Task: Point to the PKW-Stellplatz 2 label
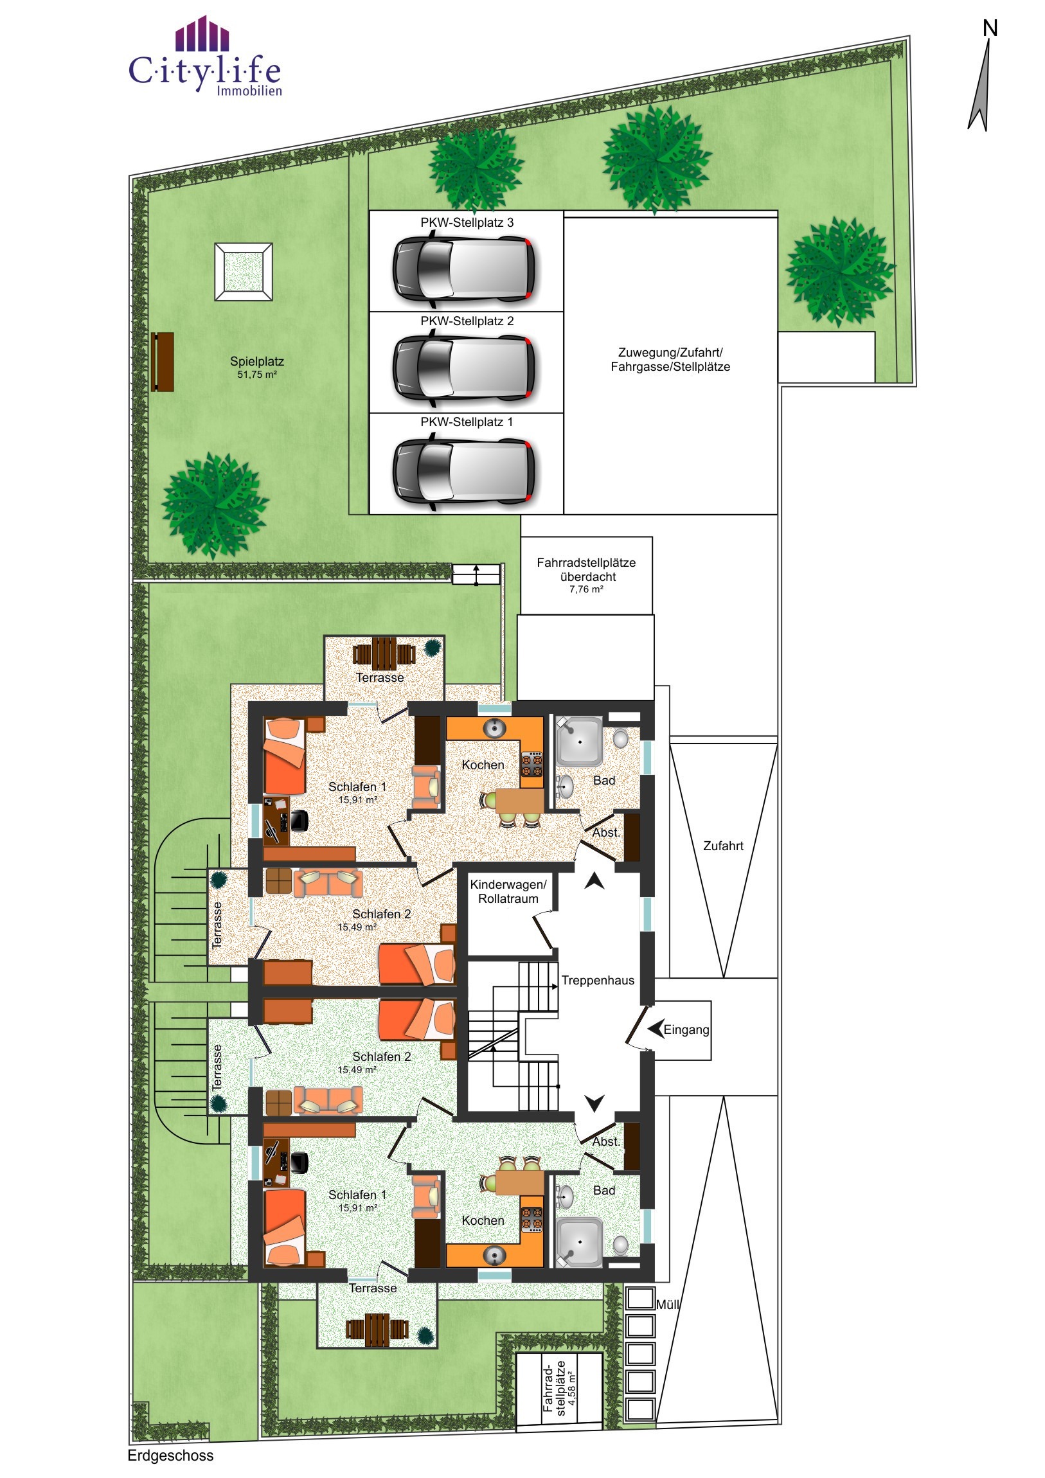pyautogui.click(x=467, y=321)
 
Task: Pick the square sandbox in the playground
pyautogui.click(x=244, y=271)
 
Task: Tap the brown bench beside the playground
pyautogui.click(x=162, y=362)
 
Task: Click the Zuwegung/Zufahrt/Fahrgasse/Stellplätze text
pyautogui.click(x=670, y=359)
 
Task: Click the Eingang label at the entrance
pyautogui.click(x=686, y=1029)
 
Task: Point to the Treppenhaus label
pyautogui.click(x=598, y=981)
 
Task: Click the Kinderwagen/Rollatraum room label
pyautogui.click(x=508, y=891)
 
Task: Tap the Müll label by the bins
pyautogui.click(x=668, y=1304)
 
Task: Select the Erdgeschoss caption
pyautogui.click(x=170, y=1456)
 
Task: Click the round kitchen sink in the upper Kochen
pyautogui.click(x=494, y=728)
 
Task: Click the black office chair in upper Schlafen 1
pyautogui.click(x=299, y=821)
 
